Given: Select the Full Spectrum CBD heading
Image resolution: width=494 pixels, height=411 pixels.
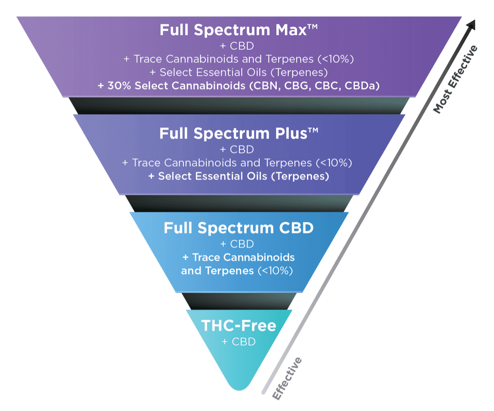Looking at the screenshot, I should click(239, 228).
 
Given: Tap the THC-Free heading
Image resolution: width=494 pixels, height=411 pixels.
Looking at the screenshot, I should click(239, 326).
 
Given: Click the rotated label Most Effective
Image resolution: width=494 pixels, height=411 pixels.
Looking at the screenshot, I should click(455, 80).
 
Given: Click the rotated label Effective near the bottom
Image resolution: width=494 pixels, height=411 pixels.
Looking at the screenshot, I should click(287, 379).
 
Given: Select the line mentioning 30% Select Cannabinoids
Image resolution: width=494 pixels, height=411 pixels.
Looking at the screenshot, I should click(239, 86).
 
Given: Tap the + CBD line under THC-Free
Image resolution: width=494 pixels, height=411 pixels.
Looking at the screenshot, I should click(239, 342).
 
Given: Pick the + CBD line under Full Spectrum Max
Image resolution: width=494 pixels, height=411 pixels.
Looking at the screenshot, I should click(239, 45).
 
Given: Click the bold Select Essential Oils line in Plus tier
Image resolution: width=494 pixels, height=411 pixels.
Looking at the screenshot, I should click(239, 176).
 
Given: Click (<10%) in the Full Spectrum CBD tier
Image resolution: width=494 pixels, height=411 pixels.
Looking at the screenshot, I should click(275, 271).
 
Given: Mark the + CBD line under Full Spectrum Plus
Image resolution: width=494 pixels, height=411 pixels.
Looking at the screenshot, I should click(237, 149).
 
